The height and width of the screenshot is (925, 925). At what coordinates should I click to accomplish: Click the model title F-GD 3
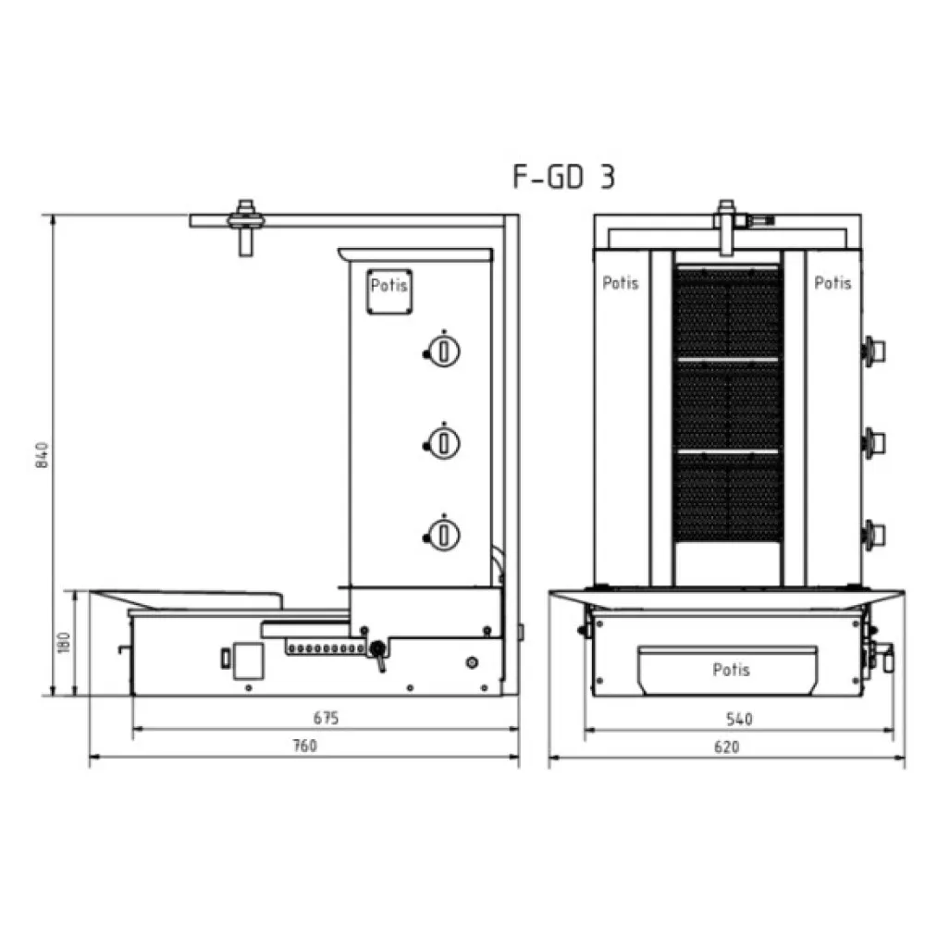click(563, 177)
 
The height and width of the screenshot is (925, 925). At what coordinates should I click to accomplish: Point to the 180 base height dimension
click(63, 643)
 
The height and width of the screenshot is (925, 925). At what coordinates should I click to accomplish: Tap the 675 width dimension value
click(326, 718)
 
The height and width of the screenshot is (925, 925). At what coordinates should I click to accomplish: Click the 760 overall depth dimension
click(304, 746)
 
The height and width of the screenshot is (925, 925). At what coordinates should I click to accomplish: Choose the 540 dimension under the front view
click(739, 719)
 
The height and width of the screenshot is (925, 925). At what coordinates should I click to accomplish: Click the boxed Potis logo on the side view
click(388, 287)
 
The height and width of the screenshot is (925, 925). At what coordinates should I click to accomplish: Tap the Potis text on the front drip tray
click(731, 670)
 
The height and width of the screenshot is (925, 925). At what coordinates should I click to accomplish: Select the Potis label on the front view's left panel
click(621, 283)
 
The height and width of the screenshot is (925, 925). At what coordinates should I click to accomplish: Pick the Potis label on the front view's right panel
click(832, 283)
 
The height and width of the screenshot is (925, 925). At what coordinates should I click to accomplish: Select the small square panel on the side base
click(246, 659)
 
